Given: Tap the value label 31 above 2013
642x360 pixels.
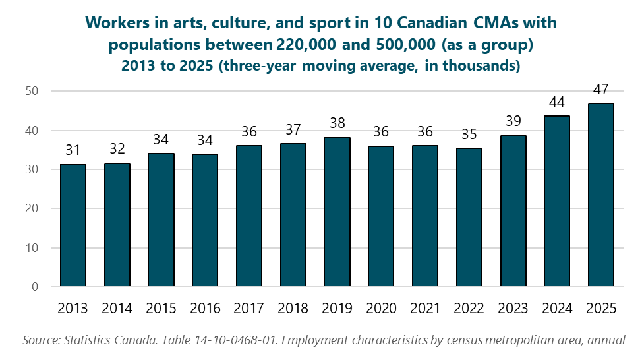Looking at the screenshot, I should point(73,150).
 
